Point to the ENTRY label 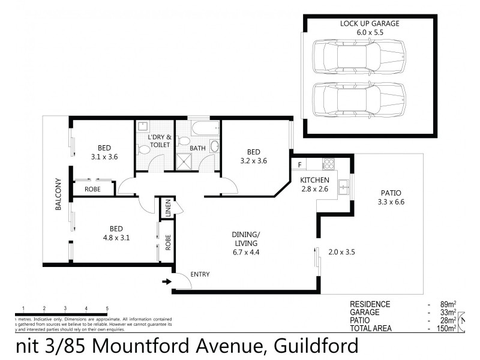tap(200, 274)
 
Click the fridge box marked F tap(298, 163)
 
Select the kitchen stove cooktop tap(329, 163)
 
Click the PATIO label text tap(391, 193)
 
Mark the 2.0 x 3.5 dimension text tap(342, 252)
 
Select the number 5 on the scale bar tap(107, 308)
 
